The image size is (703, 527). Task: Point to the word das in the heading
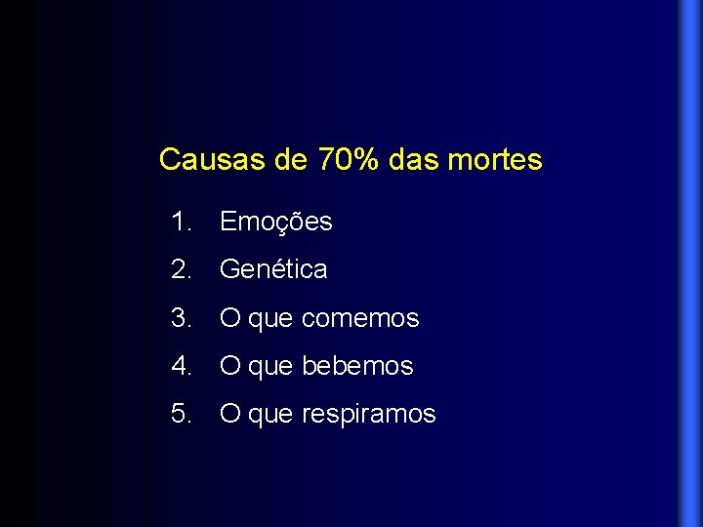tap(413, 159)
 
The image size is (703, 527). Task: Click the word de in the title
tap(291, 159)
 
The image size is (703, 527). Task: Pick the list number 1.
tap(180, 222)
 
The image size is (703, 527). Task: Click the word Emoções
tap(276, 223)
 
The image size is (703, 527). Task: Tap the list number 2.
tap(180, 268)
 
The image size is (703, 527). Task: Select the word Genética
tap(273, 268)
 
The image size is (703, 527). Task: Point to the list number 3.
tap(180, 317)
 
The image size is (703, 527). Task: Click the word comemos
tap(360, 318)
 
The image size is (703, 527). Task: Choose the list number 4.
tap(180, 366)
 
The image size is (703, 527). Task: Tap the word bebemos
tap(358, 366)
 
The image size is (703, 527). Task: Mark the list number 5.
tap(180, 414)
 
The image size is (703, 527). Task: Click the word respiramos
tap(369, 415)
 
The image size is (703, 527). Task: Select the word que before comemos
tap(271, 319)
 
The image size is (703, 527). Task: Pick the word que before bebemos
tap(271, 368)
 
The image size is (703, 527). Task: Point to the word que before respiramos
tap(271, 416)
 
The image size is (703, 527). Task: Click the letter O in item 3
tap(230, 317)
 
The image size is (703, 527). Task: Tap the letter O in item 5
tap(230, 414)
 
